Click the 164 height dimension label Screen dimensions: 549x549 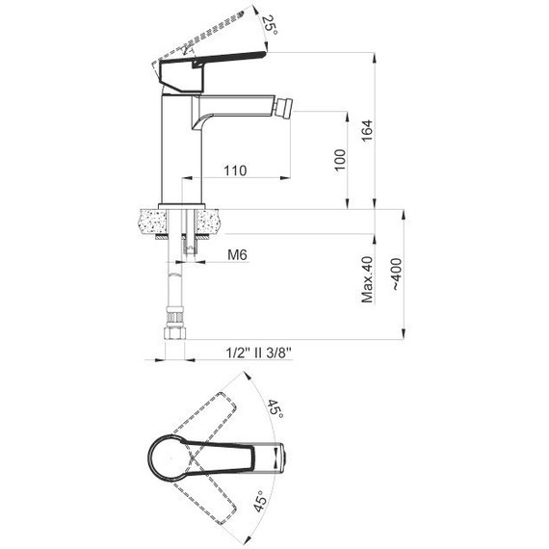(x=367, y=131)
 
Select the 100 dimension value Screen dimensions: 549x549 (x=340, y=160)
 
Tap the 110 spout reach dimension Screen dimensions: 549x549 (x=235, y=170)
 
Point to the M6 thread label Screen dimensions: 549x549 (x=237, y=255)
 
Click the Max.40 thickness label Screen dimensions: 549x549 (x=367, y=279)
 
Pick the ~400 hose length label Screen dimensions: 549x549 (x=396, y=274)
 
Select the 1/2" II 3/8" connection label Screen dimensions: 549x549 (x=258, y=353)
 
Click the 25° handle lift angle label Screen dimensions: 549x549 (x=270, y=24)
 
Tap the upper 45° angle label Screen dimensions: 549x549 (x=275, y=408)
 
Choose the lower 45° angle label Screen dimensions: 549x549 (x=260, y=500)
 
